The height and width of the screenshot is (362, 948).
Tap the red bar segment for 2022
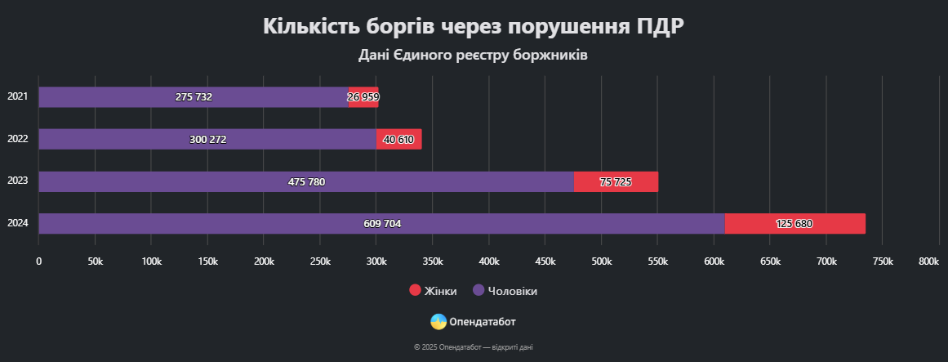(398, 139)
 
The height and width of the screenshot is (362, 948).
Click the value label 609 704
(382, 224)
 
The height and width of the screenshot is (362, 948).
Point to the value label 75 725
(616, 181)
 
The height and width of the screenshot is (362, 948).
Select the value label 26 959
(363, 97)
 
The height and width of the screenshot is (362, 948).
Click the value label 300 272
(207, 139)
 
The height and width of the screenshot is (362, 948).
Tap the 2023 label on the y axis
(17, 181)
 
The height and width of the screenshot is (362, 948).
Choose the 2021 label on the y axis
(17, 96)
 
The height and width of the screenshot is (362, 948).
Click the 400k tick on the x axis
(489, 261)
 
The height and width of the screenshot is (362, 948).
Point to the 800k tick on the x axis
(928, 261)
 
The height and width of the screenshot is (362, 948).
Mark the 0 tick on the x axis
(38, 261)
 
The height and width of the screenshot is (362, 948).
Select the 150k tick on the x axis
(207, 261)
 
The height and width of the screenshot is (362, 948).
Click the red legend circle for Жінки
(414, 291)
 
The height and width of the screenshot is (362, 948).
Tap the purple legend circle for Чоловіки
(478, 291)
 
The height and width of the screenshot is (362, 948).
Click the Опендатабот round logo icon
(438, 322)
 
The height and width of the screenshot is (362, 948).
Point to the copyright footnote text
(474, 347)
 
